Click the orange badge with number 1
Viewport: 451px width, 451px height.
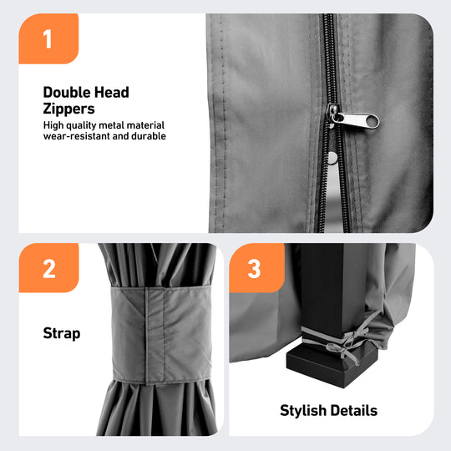[x=48, y=38]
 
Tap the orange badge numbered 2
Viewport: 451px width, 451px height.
[x=48, y=268]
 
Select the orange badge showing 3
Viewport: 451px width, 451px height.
[x=256, y=268]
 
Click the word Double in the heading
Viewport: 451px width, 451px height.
[x=67, y=93]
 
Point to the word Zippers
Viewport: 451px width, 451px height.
[x=68, y=109]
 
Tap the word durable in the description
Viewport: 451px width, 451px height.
[x=149, y=136]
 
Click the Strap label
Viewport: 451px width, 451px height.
[x=62, y=333]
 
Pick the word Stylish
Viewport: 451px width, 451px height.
[x=302, y=410]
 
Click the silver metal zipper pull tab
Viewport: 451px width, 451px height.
[x=355, y=119]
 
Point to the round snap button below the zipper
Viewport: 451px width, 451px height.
[x=332, y=158]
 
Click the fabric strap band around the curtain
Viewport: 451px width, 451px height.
[x=161, y=335]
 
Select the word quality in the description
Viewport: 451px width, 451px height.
[x=81, y=125]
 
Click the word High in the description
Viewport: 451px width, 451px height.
[x=53, y=125]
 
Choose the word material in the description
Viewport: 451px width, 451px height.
[x=145, y=125]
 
